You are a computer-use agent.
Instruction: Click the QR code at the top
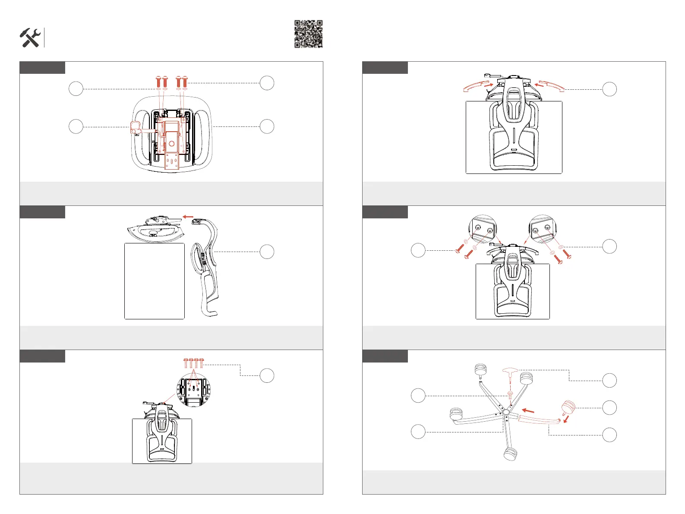[309, 34]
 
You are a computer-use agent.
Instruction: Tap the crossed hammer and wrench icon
[30, 38]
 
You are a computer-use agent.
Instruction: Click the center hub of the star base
[505, 413]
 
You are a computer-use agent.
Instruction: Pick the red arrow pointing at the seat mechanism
[188, 217]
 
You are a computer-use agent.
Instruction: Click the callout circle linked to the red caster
[609, 407]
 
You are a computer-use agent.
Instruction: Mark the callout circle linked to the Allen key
[609, 380]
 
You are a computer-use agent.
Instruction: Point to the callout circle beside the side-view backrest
[267, 252]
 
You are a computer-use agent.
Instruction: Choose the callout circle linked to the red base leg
[609, 435]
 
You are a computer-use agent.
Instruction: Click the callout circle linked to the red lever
[76, 126]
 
